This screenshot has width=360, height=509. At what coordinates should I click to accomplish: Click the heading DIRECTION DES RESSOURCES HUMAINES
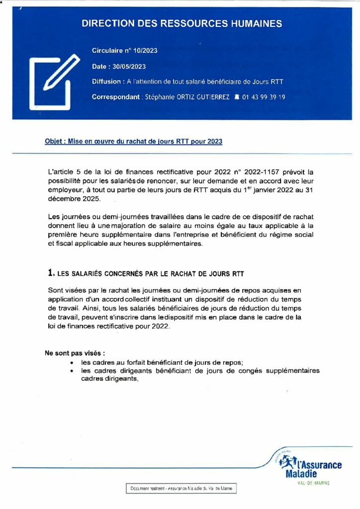pos(181,23)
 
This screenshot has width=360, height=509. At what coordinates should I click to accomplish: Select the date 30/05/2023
pos(129,66)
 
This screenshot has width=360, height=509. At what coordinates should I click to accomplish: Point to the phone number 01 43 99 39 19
pos(263,97)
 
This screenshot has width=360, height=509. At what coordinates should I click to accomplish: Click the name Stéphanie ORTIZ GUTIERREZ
pos(187,97)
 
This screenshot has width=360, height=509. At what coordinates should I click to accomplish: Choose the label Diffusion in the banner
pos(106,82)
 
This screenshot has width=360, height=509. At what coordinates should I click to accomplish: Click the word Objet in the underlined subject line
pos(53,142)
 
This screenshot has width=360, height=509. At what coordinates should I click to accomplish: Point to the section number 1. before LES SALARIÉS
pos(51,273)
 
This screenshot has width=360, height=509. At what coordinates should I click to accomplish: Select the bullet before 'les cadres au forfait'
pos(73,363)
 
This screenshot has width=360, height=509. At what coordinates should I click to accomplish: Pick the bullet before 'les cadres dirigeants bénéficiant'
pos(73,371)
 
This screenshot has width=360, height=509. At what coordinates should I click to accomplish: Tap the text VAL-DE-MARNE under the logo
pos(313,482)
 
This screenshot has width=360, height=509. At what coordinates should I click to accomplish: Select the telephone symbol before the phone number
pos(236,97)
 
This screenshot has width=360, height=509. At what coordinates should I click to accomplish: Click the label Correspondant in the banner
pos(115,97)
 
